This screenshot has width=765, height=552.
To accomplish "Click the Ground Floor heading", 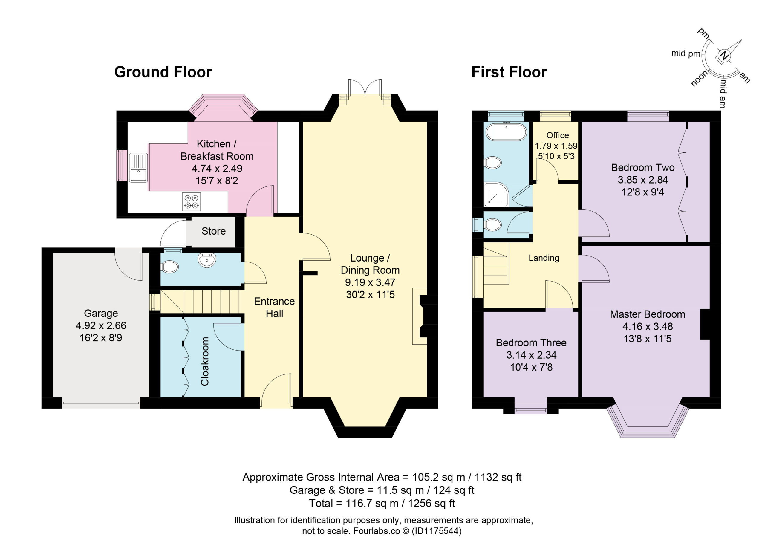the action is click(x=163, y=72).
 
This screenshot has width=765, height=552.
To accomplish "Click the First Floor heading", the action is click(x=509, y=72).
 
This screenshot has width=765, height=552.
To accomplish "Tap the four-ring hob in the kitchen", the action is click(x=191, y=201).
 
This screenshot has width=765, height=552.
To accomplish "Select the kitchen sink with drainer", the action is click(x=138, y=167).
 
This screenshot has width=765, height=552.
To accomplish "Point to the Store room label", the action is click(x=213, y=231).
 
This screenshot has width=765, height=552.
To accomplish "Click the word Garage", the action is click(x=101, y=314).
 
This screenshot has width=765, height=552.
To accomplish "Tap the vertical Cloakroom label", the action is click(x=205, y=361).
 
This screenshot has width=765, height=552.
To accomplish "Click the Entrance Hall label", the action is click(x=274, y=307).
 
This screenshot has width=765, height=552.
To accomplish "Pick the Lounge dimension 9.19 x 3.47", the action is click(x=370, y=282).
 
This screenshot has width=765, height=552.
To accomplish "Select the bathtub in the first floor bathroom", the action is click(x=506, y=131).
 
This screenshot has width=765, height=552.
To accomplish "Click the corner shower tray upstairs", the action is click(x=496, y=194).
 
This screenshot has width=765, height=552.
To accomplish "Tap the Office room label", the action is click(x=558, y=135).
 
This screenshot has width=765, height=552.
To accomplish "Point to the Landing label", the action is click(x=544, y=258).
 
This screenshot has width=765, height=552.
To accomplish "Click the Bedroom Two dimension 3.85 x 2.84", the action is click(x=643, y=180).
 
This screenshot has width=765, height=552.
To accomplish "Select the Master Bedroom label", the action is click(x=647, y=314).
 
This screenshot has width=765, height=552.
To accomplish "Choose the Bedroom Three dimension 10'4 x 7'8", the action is click(x=531, y=367).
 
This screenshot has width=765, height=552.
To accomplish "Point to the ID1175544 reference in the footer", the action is click(x=437, y=531).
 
